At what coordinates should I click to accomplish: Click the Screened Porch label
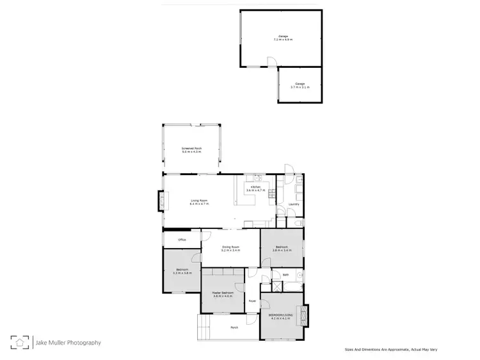(x=191, y=148)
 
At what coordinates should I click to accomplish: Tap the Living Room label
(x=198, y=200)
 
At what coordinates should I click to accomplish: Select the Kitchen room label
(x=255, y=187)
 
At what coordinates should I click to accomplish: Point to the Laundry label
(x=294, y=204)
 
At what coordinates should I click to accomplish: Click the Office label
(x=182, y=240)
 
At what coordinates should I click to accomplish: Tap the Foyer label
(x=253, y=301)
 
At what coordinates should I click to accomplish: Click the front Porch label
(x=234, y=328)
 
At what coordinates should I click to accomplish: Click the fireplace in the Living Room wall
(x=160, y=202)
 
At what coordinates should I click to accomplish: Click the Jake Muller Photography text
(x=66, y=343)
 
